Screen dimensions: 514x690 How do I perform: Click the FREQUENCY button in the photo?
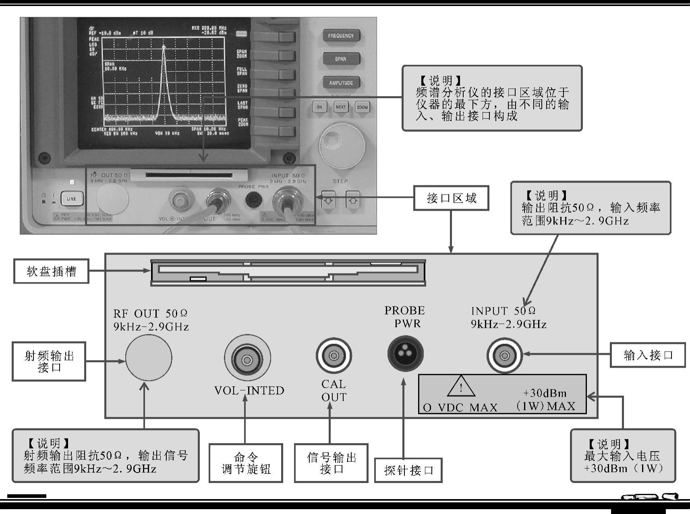pyautogui.click(x=341, y=36)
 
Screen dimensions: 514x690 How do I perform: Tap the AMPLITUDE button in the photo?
pyautogui.click(x=341, y=83)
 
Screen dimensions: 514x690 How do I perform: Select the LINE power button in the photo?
pyautogui.click(x=71, y=199)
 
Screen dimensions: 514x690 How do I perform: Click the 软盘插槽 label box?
pyautogui.click(x=51, y=271)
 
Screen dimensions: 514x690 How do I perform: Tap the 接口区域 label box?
pyautogui.click(x=451, y=198)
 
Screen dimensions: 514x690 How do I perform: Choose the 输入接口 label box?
pyautogui.click(x=648, y=355)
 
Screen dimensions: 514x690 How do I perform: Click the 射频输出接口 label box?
pyautogui.click(x=49, y=361)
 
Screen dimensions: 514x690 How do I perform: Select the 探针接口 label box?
pyautogui.click(x=408, y=470)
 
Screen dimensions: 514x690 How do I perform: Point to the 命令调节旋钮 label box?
pyautogui.click(x=246, y=463)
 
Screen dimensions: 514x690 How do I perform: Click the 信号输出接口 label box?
pyautogui.click(x=331, y=463)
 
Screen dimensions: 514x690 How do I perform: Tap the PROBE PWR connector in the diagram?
pyautogui.click(x=405, y=354)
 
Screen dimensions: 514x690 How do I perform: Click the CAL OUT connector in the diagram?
pyautogui.click(x=334, y=356)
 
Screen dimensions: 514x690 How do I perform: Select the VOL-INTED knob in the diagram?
pyautogui.click(x=247, y=358)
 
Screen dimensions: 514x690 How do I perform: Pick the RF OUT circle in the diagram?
pyautogui.click(x=149, y=358)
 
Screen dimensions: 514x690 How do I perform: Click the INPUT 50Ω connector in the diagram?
pyautogui.click(x=504, y=356)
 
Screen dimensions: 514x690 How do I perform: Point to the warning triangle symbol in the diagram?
pyautogui.click(x=461, y=387)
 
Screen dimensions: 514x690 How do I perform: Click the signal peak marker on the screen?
pyautogui.click(x=164, y=47)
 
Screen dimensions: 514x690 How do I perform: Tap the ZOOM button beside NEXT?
pyautogui.click(x=362, y=107)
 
